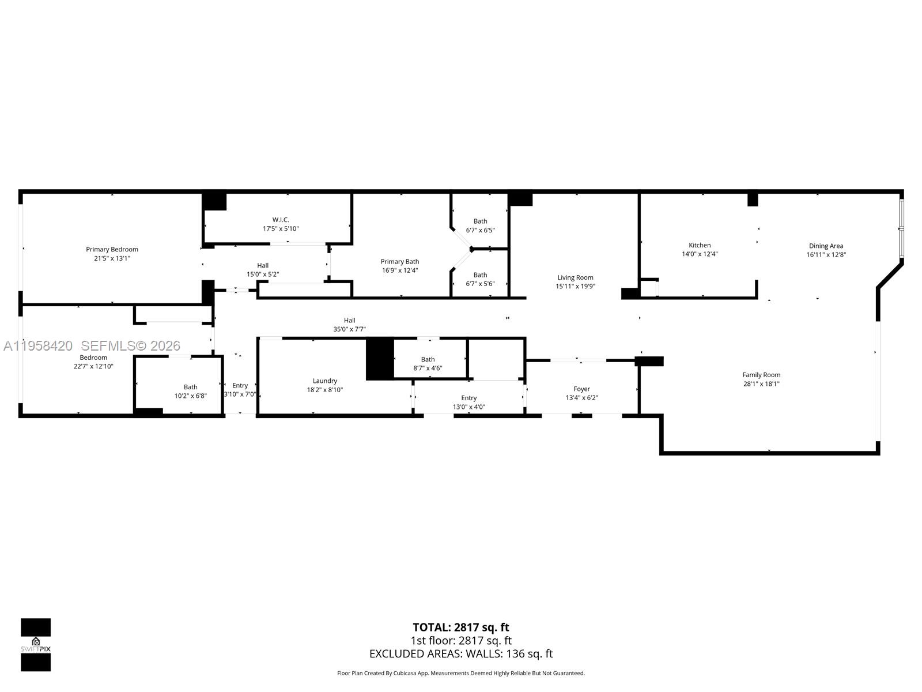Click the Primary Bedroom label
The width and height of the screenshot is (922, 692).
click(112, 249)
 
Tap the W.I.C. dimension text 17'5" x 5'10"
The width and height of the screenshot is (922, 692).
click(281, 229)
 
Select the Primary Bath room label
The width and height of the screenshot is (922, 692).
click(399, 261)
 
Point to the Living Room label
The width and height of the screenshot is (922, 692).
click(575, 277)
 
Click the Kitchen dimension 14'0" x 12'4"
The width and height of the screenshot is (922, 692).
click(700, 254)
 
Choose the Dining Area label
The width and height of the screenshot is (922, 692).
click(826, 246)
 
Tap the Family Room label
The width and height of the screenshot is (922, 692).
click(761, 375)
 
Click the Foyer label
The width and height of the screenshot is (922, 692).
click(581, 389)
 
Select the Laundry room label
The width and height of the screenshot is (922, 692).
click(325, 381)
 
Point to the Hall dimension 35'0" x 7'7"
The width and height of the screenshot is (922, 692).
click(349, 329)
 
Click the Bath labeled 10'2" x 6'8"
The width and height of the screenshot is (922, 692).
click(190, 392)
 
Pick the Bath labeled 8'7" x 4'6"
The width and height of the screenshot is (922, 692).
click(428, 364)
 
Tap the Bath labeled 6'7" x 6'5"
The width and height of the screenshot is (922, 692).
click(480, 225)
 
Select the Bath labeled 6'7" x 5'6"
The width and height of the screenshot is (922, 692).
click(480, 279)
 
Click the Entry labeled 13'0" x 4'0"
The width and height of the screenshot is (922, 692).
click(468, 402)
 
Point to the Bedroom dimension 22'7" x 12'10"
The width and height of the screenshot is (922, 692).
click(93, 367)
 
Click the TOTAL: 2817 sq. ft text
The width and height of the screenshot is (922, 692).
click(460, 627)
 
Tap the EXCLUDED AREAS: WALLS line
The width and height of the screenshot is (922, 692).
click(460, 654)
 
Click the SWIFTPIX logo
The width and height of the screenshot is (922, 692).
click(36, 645)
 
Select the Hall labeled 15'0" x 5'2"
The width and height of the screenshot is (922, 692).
click(263, 270)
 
